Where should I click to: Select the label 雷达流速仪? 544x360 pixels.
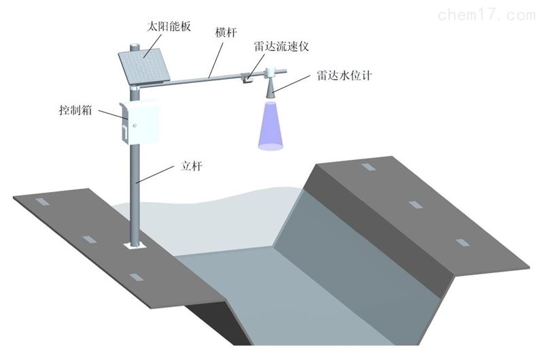(274, 46)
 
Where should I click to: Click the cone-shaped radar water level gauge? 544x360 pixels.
(270, 86)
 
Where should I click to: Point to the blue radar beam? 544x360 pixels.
(270, 127)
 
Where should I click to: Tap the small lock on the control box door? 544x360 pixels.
(135, 125)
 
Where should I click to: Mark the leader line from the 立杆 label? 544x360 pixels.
(158, 176)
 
